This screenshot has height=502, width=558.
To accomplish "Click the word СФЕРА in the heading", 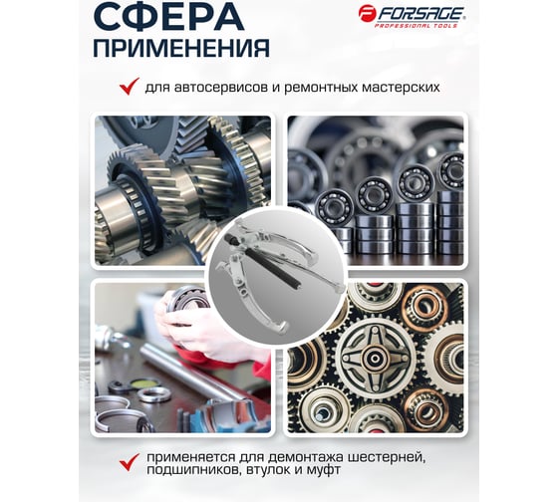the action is pyautogui.click(x=169, y=17).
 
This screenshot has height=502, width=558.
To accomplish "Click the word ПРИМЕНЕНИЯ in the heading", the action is pyautogui.click(x=181, y=48).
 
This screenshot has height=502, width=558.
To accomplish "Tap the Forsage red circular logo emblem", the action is pyautogui.click(x=367, y=14).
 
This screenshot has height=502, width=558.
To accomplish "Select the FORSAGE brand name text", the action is pyautogui.click(x=420, y=14).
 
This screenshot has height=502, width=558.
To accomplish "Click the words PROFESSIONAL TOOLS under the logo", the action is pyautogui.click(x=417, y=26).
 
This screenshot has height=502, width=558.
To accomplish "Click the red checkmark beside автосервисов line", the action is pyautogui.click(x=129, y=87).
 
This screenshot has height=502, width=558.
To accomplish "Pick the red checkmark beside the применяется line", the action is pyautogui.click(x=129, y=462).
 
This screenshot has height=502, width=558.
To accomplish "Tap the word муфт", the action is pyautogui.click(x=323, y=470).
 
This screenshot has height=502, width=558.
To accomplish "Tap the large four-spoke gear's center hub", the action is pyautogui.click(x=374, y=358).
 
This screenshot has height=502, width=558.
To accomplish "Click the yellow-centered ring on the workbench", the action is pyautogui.click(x=144, y=383).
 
